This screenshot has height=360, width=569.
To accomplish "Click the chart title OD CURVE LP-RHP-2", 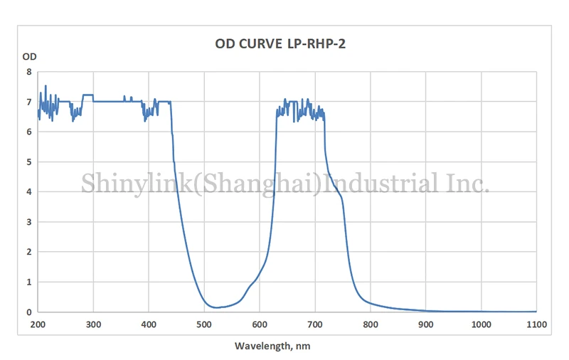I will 285,43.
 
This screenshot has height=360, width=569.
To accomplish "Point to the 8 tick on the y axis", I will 28,72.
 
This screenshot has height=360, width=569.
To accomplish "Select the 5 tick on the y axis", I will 28,162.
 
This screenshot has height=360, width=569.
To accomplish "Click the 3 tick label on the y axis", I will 28,222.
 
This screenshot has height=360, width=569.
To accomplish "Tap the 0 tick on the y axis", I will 28,312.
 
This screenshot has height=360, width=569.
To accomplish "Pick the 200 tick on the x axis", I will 38,324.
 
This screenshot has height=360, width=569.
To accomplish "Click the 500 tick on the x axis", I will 204,324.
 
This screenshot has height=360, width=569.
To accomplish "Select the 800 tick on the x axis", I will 371,324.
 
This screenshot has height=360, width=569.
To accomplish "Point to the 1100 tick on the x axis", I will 536,324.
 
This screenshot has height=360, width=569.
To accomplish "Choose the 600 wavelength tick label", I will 260,324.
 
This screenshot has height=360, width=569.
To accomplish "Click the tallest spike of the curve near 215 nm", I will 46,86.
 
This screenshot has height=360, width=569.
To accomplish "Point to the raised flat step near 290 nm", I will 88,95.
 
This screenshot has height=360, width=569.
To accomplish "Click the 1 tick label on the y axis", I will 28,282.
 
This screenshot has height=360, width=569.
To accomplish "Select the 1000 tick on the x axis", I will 481,324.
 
